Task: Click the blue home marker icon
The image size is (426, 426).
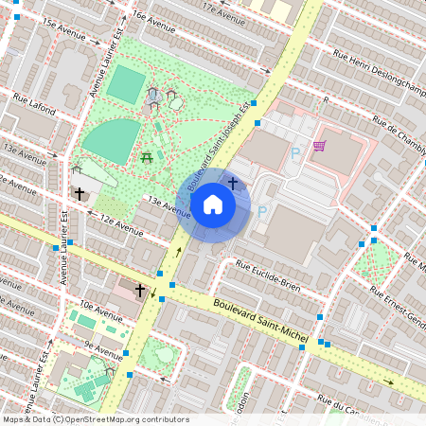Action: pos(213,204)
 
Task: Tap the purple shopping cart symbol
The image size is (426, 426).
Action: pos(319,146)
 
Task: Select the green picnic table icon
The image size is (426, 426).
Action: pos(147,158)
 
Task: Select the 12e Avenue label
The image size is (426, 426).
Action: pos(121,225)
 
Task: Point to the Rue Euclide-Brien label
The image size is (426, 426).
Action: pos(267,272)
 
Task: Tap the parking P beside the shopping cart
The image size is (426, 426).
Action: pos(294,151)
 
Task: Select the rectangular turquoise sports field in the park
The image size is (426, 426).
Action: pos(124,84)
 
